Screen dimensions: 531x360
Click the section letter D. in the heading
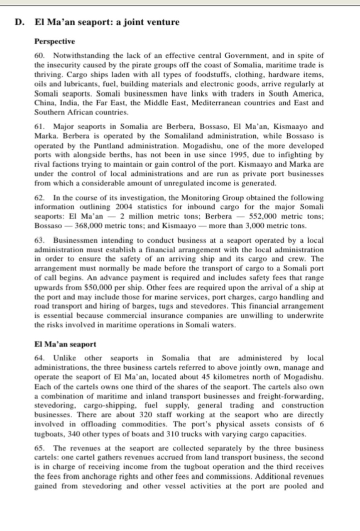coord(18,22)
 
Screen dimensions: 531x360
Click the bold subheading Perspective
coord(54,41)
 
